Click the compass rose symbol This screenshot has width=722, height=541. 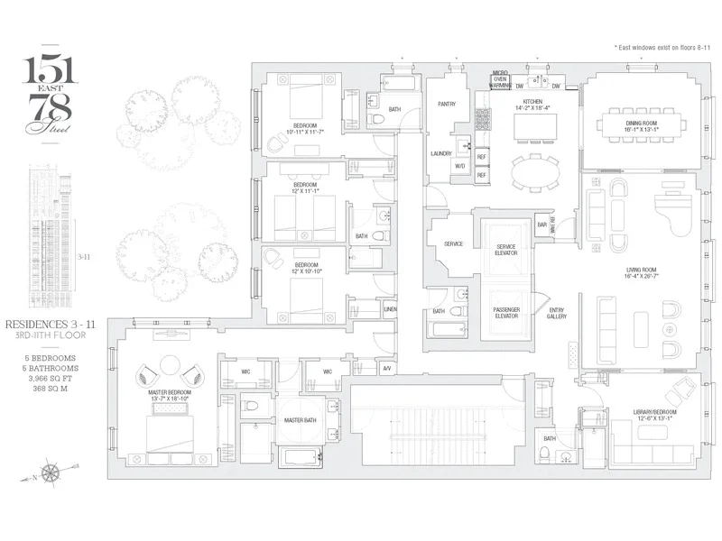tap(51, 470)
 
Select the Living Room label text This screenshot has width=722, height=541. tap(640, 270)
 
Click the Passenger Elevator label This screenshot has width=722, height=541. tap(506, 313)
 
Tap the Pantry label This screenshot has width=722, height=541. tap(445, 104)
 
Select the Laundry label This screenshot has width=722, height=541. tap(441, 153)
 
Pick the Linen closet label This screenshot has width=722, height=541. tap(389, 309)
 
